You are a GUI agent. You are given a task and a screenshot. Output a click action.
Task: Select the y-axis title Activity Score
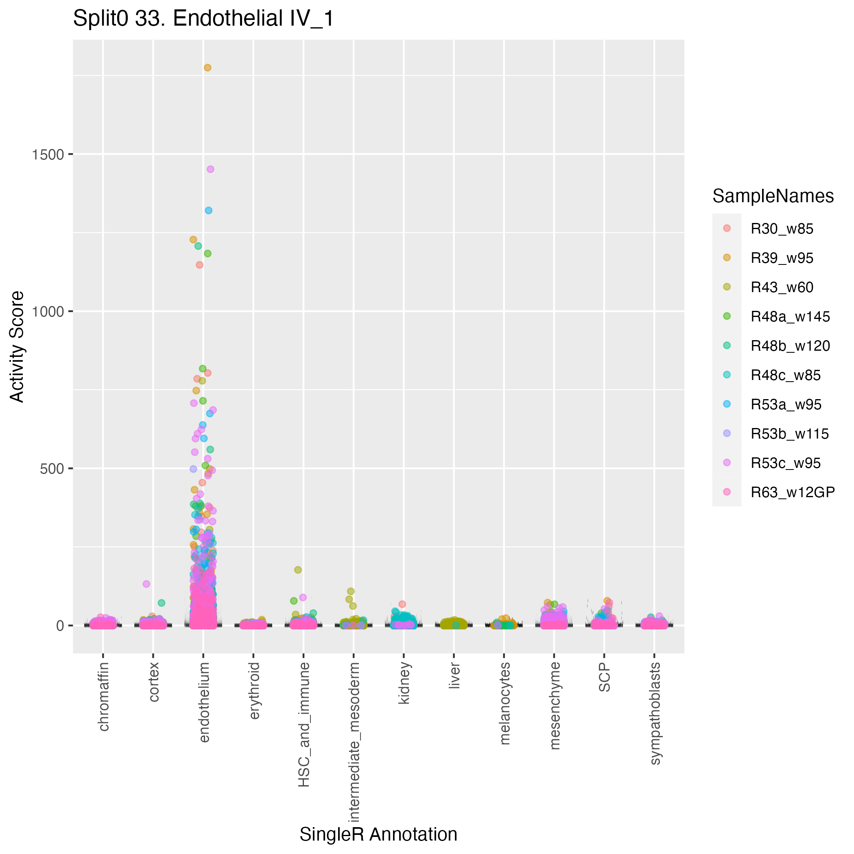pos(17,346)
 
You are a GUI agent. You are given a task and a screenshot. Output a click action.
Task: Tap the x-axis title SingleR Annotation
pos(378,834)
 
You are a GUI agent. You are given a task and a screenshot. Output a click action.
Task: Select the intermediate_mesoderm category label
pos(354,742)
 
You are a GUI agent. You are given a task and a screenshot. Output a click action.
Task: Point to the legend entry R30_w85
pos(782,229)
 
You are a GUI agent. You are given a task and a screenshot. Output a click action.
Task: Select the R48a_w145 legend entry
pos(790,317)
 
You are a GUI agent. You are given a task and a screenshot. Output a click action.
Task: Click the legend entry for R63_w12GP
pos(793,492)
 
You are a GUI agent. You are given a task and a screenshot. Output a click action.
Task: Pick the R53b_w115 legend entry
pos(789,434)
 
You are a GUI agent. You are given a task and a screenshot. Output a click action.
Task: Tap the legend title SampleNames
pos(773,196)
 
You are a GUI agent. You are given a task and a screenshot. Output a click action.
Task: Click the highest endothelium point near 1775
pos(207,68)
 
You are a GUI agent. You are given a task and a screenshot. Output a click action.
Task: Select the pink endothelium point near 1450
pos(210,169)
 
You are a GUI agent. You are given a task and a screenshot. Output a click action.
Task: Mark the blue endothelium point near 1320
pos(209,210)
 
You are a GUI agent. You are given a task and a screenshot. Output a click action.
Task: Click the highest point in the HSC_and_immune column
pos(298,570)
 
